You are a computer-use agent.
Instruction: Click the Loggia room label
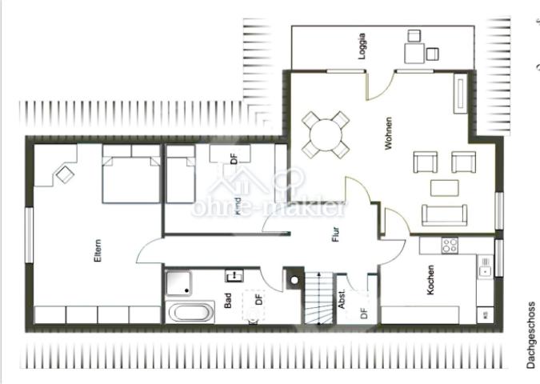click(x=362, y=46)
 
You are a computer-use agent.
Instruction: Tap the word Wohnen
click(x=388, y=134)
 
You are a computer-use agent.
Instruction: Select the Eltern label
click(x=98, y=250)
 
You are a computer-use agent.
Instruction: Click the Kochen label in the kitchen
click(x=430, y=280)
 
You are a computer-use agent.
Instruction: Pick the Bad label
click(x=228, y=301)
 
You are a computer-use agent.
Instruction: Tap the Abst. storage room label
click(x=342, y=299)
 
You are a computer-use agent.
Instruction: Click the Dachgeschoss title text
click(x=531, y=335)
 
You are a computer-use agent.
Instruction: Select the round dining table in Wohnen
click(x=326, y=134)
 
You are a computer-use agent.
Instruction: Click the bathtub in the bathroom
click(x=190, y=312)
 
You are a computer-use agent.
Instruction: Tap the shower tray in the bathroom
click(x=178, y=284)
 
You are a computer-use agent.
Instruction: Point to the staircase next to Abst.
click(x=319, y=298)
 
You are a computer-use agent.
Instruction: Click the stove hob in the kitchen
click(x=450, y=246)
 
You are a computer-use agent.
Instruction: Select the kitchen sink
click(x=485, y=266)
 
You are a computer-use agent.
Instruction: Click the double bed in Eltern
click(x=131, y=174)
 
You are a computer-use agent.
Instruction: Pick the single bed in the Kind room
click(x=181, y=174)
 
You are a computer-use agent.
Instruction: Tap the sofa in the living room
click(x=444, y=215)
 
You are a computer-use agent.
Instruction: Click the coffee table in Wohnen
click(x=444, y=188)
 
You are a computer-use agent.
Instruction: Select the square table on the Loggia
click(x=414, y=53)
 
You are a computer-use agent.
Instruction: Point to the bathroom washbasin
click(x=234, y=276)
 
